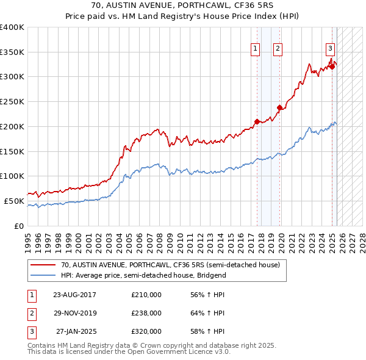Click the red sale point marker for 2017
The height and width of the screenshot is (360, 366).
(x=257, y=121)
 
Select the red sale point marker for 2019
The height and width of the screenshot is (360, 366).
(x=280, y=107)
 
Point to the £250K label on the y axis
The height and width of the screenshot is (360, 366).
(x=12, y=102)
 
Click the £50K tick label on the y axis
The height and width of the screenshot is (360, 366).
(x=15, y=201)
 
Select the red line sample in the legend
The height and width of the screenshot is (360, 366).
(x=43, y=265)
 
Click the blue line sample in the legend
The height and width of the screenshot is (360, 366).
(x=43, y=275)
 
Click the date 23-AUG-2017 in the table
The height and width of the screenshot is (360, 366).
(x=75, y=295)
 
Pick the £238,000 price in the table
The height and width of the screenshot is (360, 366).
(x=146, y=313)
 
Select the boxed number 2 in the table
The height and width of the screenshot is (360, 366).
(x=31, y=313)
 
